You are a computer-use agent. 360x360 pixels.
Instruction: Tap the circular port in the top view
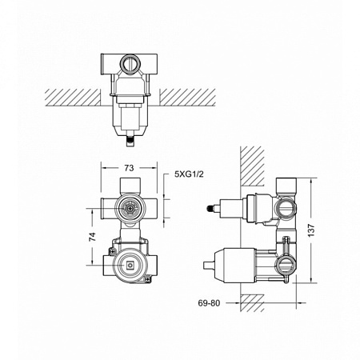(128, 61)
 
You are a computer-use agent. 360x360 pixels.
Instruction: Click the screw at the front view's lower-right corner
(150, 278)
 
